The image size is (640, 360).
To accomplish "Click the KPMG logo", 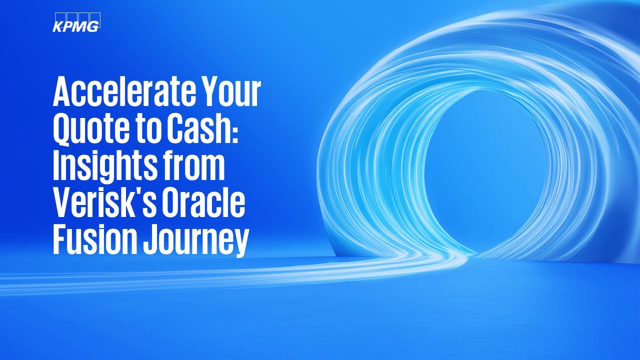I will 76,22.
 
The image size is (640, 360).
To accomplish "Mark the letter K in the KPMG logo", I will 58,26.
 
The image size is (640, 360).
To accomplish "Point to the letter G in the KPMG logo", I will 92,26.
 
